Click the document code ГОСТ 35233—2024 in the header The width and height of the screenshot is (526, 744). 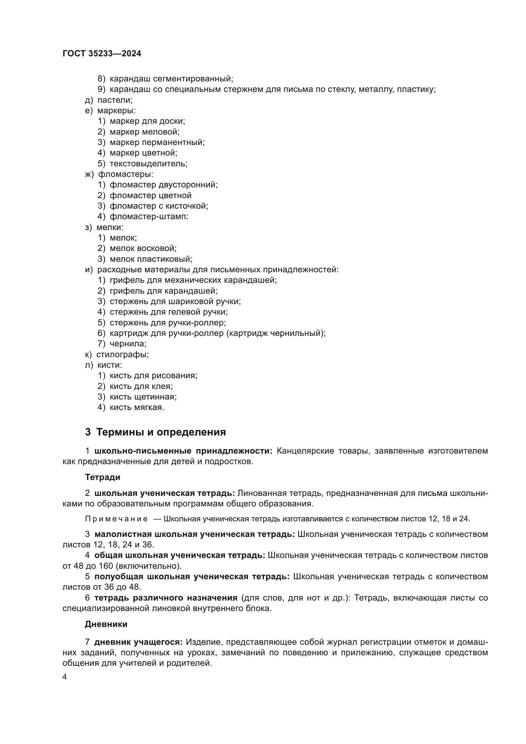tap(102, 54)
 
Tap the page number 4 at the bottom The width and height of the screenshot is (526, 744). tap(65, 677)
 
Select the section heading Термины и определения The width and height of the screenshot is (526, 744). tap(161, 432)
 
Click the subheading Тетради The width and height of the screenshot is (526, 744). tap(102, 477)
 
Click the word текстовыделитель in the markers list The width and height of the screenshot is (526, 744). tap(148, 163)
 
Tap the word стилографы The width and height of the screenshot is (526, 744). tap(122, 354)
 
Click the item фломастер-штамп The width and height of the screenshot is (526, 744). tap(149, 217)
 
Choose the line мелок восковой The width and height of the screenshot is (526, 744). tap(143, 248)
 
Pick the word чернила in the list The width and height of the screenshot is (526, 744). tap(128, 344)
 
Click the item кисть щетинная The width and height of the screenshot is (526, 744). tap(143, 397)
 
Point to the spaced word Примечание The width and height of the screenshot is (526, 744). tap(116, 519)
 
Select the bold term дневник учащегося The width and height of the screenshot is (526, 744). tap(138, 642)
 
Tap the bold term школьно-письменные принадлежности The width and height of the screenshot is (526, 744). tap(183, 451)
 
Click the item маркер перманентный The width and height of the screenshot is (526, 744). tap(157, 142)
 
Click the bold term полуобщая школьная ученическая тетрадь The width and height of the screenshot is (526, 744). tap(192, 576)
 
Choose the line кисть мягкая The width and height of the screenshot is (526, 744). tap(137, 407)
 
